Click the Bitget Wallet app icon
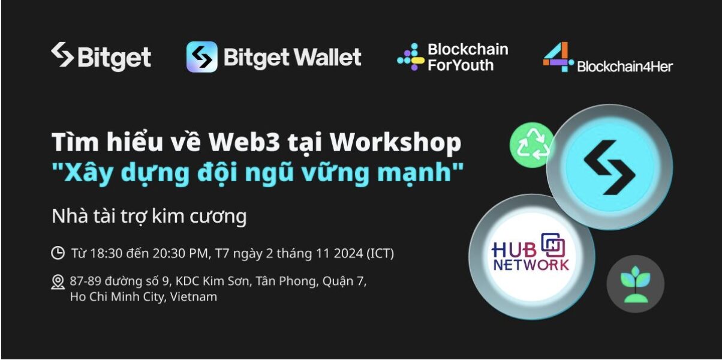[201, 57]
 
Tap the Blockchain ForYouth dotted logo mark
[411, 57]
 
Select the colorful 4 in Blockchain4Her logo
[558, 57]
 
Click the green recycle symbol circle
[532, 145]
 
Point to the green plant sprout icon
[635, 284]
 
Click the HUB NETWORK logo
[530, 252]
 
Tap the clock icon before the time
[58, 253]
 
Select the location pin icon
[58, 282]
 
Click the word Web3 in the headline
[244, 142]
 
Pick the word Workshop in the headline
[396, 143]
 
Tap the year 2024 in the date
[348, 254]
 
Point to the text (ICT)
[380, 254]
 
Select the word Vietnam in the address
[193, 297]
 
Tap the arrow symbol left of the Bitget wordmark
[62, 55]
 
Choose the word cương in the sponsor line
[218, 217]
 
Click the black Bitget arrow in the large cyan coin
[609, 167]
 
